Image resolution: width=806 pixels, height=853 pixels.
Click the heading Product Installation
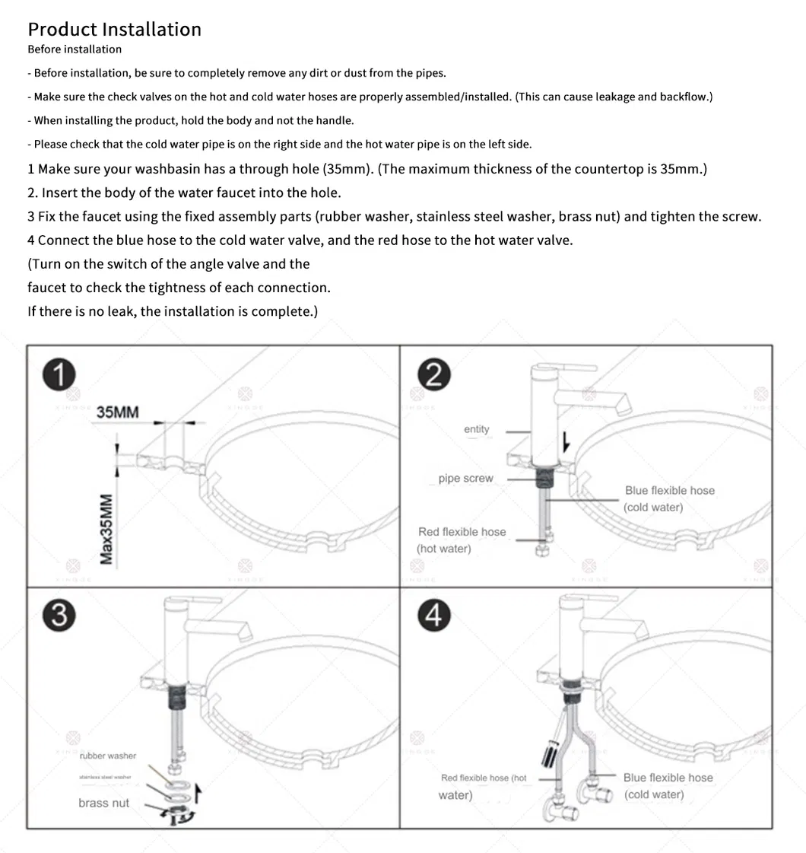(114, 30)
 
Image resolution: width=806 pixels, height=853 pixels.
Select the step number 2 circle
(434, 375)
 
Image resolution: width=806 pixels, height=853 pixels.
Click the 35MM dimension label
(118, 412)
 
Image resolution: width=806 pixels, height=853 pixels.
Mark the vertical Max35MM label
(107, 530)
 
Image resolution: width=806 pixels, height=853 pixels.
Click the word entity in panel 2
(477, 429)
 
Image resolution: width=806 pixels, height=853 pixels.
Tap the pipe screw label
(465, 479)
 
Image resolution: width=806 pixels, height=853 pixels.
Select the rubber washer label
(108, 756)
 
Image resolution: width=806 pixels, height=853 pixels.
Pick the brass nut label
(103, 803)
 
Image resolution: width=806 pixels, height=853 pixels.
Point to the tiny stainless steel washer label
(105, 777)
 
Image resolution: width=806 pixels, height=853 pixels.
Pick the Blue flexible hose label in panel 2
(670, 491)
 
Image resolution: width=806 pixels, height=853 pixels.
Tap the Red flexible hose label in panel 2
(462, 532)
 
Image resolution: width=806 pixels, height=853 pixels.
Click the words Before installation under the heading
(75, 49)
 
